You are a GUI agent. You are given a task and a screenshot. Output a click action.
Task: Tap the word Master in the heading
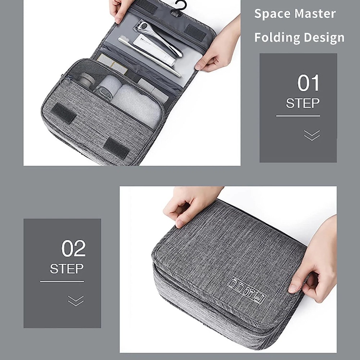pos(315,14)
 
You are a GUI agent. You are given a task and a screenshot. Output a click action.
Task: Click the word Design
pos(324,38)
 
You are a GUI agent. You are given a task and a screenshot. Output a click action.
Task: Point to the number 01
pos(309,83)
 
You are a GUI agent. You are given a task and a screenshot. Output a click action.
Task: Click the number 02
pos(73,248)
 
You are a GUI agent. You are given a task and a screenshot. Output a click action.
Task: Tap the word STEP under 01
pos(303,103)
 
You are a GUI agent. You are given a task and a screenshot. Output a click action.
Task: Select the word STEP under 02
pos(67,269)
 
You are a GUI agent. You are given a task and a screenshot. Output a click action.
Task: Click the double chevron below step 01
pos(312,135)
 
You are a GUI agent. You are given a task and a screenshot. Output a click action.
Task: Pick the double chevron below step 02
pos(76,301)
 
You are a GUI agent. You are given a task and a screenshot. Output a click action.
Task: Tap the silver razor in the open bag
pos(161,38)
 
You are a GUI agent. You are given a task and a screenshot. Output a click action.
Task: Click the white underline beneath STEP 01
pos(298,116)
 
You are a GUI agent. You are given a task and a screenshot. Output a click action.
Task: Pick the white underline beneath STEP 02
pos(62,281)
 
